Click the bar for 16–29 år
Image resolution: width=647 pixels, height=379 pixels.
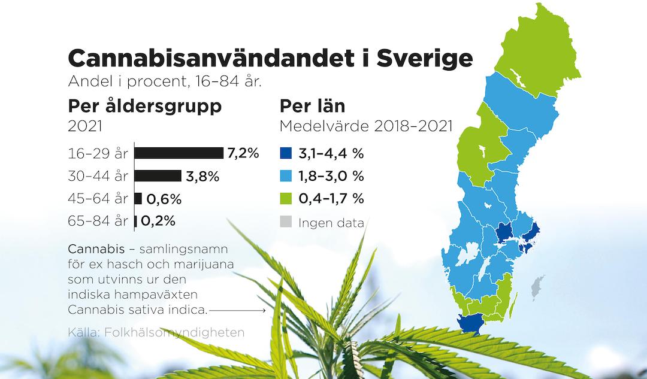coord(179,153)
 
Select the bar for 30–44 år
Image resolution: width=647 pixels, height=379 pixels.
coord(158,175)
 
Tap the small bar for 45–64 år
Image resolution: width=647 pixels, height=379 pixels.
coord(138,198)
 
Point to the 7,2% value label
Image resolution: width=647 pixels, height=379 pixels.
coord(243,153)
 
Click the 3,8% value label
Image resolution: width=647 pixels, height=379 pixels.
coord(202,177)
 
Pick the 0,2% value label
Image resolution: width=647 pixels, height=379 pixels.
coord(158,221)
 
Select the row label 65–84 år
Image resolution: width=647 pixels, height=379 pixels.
coord(98,221)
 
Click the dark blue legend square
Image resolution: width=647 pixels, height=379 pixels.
coord(286,153)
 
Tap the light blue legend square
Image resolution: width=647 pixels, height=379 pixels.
coord(286,176)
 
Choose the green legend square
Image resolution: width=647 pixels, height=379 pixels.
coord(286,198)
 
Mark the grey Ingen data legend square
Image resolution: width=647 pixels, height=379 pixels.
coord(286,222)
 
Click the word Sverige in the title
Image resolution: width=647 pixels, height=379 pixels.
coord(425,59)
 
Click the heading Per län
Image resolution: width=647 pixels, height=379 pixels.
coord(312,106)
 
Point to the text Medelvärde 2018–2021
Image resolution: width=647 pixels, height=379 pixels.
coord(366,126)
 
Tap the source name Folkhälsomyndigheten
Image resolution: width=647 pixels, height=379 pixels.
coord(174,332)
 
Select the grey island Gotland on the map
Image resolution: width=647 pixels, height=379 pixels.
coord(537,287)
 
